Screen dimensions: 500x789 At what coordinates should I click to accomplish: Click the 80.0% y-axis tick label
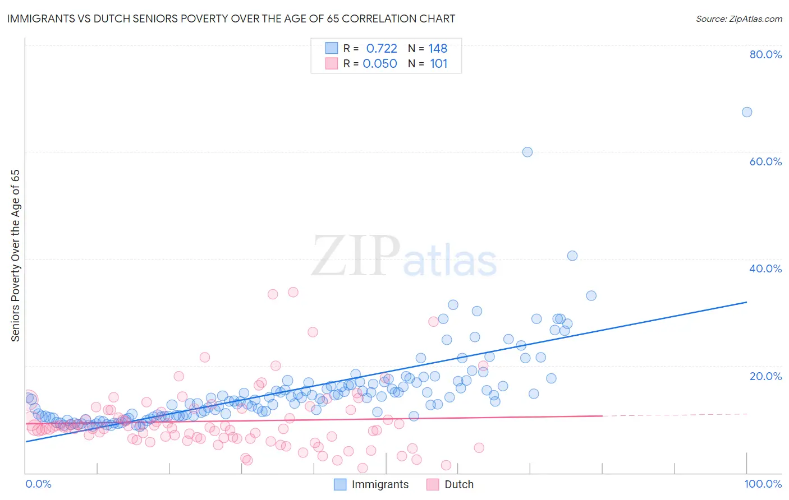coord(765,54)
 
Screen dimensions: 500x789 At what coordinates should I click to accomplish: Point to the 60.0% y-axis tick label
coord(765,161)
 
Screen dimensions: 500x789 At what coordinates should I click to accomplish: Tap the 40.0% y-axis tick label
coord(765,268)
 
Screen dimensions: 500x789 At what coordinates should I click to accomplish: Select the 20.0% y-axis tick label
coord(765,376)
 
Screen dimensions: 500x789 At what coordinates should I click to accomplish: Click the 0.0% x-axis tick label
coord(38,484)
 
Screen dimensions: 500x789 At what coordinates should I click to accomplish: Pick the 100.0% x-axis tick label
coord(763,484)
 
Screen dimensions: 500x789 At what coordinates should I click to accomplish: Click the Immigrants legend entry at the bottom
coord(380,485)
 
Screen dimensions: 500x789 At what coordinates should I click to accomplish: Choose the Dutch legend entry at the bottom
coord(458,485)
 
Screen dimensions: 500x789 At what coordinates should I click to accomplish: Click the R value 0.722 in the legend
coord(382,49)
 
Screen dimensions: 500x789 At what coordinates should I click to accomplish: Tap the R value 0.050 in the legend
coord(380,64)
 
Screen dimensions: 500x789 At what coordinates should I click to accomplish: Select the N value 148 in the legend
coord(438,49)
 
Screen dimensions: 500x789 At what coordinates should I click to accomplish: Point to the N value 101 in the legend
coord(438,64)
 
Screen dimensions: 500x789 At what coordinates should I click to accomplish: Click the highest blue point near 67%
coord(747,112)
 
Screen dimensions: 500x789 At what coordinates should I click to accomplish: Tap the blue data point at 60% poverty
coord(527,152)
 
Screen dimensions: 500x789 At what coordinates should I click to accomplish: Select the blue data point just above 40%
coord(572,256)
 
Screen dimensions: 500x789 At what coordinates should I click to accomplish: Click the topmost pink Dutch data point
coord(293,292)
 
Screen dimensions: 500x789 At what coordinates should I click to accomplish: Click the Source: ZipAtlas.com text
coord(738,19)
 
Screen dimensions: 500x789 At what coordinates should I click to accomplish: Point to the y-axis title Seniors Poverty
coord(16,255)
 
